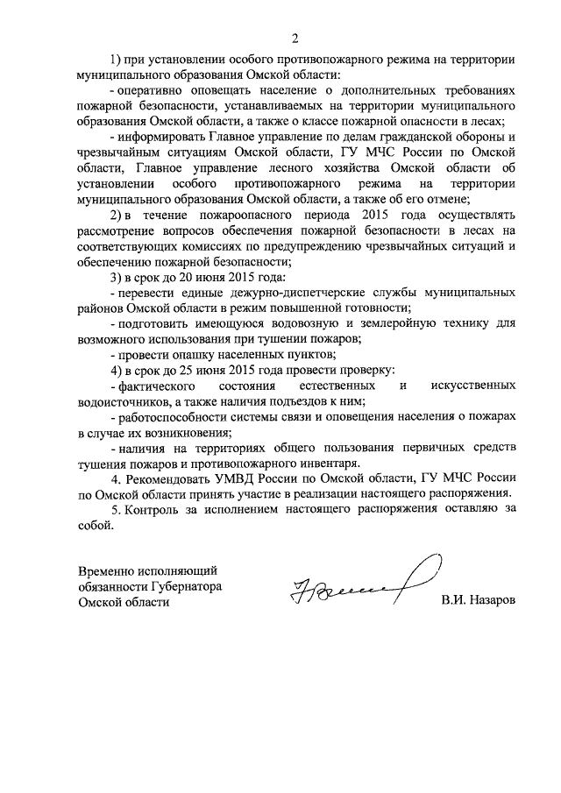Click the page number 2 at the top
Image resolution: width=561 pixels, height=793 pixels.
click(295, 38)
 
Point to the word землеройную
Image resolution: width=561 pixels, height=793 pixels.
click(408, 324)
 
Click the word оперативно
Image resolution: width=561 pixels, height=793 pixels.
click(150, 90)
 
